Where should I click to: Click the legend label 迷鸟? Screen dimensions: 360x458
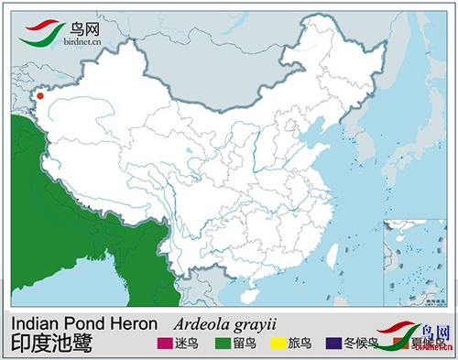pos(188,344)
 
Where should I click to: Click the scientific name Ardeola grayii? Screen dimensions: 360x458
pos(225,323)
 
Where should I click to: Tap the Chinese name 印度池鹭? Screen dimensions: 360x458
pos(51,344)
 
